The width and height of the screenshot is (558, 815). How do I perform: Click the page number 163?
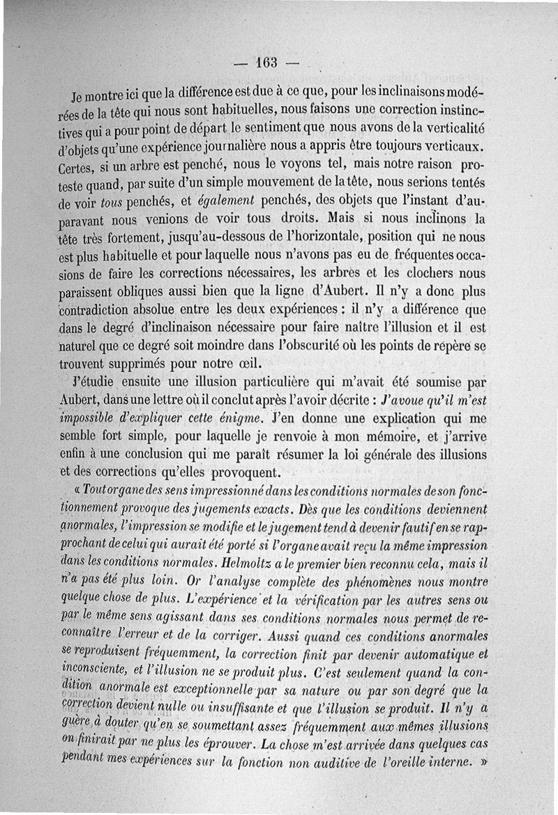[x=266, y=63]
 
